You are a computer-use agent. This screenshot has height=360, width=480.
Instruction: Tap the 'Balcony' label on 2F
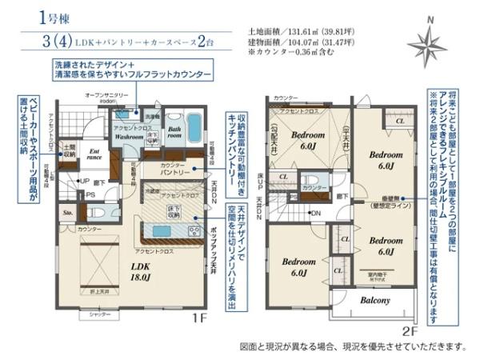(374, 300)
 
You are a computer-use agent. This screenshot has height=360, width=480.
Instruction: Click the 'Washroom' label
(128, 137)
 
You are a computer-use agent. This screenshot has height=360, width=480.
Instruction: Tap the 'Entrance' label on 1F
(93, 153)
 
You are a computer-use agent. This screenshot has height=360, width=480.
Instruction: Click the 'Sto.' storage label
(67, 214)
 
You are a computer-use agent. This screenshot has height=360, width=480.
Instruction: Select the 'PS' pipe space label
(90, 194)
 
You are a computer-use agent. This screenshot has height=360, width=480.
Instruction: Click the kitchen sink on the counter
(162, 231)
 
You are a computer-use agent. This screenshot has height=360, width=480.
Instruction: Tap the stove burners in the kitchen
(194, 231)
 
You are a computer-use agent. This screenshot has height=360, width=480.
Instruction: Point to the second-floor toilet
(311, 180)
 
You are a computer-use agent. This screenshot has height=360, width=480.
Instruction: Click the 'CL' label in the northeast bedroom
(398, 120)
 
